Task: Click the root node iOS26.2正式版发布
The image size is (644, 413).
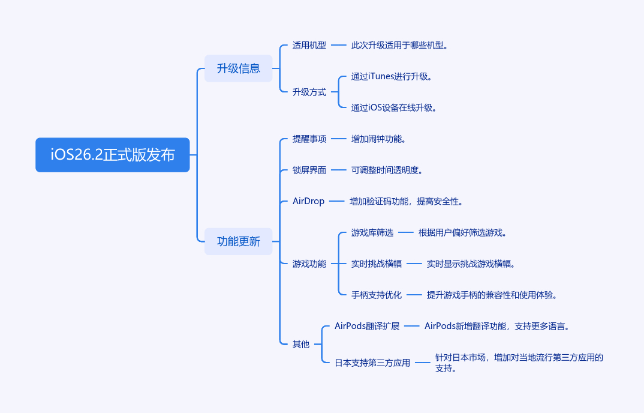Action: pos(113,155)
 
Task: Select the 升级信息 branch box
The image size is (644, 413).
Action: pos(239,68)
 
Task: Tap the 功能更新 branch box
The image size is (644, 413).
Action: pos(239,241)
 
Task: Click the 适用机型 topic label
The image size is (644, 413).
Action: pos(309,45)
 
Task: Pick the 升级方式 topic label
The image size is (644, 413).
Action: pos(309,92)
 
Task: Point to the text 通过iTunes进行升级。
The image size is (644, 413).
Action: pos(392,76)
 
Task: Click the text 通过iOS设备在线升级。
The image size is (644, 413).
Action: pos(394,107)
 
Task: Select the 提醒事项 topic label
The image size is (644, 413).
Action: pos(309,139)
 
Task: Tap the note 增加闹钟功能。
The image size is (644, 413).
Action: pos(379,139)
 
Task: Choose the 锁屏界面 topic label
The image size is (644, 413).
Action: pos(309,170)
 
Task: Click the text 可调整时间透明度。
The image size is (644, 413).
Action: pos(387,170)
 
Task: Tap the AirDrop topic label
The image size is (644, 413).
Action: pos(308,201)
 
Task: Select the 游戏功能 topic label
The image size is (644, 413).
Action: pos(309,264)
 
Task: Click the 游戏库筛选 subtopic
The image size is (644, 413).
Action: pos(372,232)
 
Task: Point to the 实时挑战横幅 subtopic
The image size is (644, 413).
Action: pos(377,264)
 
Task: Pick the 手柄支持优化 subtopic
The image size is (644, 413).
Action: pos(377,295)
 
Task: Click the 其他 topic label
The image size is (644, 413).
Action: pos(301,344)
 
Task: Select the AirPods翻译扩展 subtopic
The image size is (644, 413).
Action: pos(367,326)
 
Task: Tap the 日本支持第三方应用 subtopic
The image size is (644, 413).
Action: pos(372,363)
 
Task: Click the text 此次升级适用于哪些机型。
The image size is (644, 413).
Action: pos(400,45)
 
